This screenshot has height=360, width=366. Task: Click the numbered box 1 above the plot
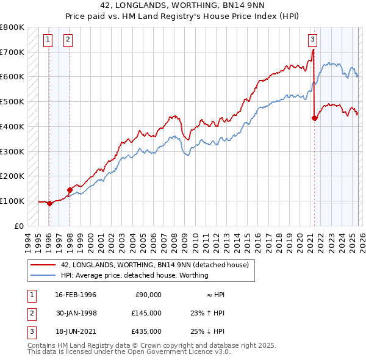(48, 40)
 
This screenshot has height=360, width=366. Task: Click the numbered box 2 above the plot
(67, 40)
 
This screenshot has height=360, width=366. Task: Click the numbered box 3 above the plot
(312, 40)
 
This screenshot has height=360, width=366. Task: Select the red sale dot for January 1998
(70, 190)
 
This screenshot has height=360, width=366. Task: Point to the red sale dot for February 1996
(49, 203)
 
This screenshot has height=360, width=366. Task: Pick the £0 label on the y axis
(20, 226)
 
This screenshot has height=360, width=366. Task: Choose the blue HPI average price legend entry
(134, 275)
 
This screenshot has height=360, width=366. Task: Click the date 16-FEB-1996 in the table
(76, 295)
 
